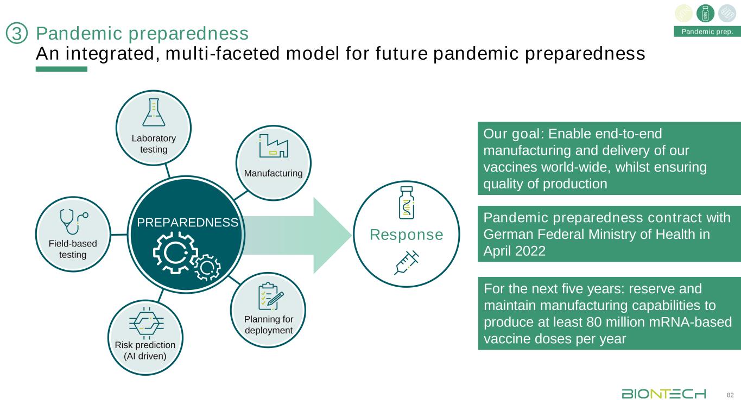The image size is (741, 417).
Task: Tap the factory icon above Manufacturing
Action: [274, 147]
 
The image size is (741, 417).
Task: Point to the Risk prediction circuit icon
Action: [145, 324]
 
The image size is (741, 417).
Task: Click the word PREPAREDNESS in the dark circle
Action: [187, 223]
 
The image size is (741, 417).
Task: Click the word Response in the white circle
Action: [407, 235]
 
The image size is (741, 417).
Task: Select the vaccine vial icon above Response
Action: [407, 203]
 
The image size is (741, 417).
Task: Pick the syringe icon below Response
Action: [407, 264]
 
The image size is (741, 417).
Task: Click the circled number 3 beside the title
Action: [16, 34]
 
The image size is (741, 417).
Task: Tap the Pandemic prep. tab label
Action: [707, 31]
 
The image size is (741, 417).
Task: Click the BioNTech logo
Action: [663, 393]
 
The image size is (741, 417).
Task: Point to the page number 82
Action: [730, 394]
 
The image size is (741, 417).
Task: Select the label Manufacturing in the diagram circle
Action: [273, 174]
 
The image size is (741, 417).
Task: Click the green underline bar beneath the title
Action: [61, 69]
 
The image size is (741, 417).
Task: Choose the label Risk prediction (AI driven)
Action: [145, 351]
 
